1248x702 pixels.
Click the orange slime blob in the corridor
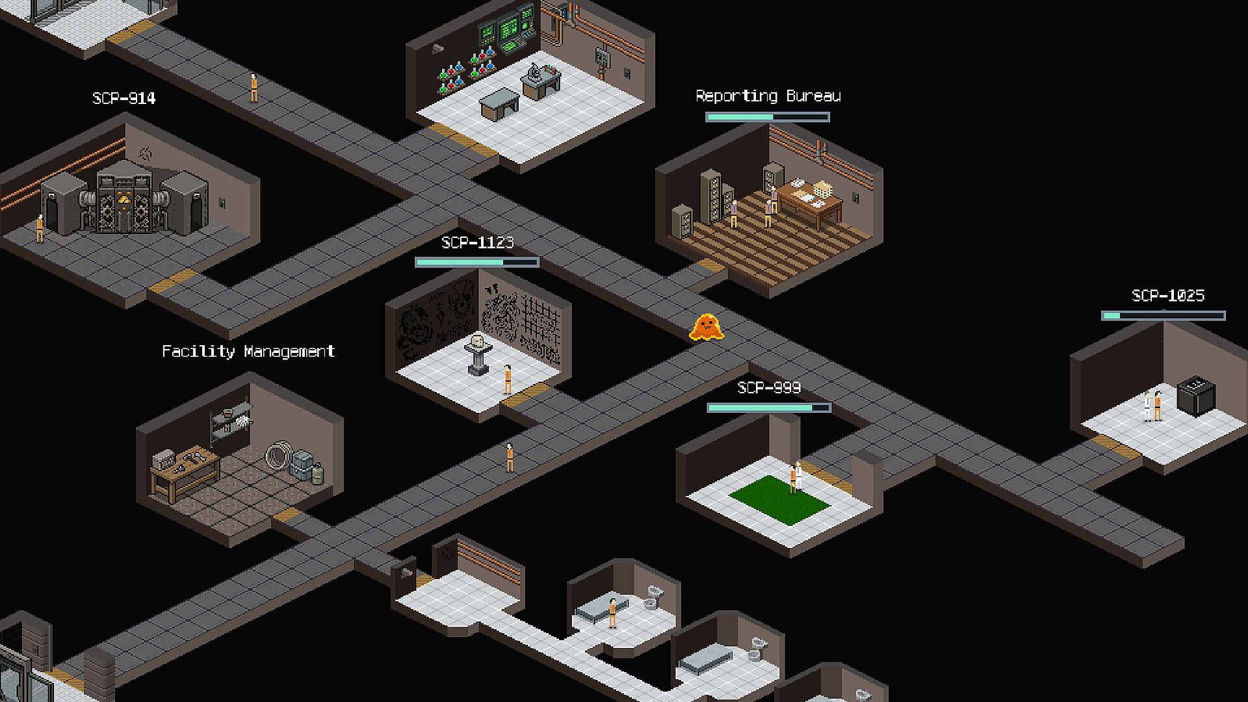point(707,327)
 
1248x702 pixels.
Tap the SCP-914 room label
point(124,98)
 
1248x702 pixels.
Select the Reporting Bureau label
point(768,96)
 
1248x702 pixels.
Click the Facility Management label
point(248,352)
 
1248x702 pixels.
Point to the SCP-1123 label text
point(477,242)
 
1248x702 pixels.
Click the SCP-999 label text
point(769,388)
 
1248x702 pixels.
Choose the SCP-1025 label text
point(1168,296)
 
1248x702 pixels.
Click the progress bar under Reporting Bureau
point(768,117)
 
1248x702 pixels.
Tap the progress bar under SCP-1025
point(1163,316)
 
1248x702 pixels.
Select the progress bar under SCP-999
point(769,408)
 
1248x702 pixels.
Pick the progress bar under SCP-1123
point(477,262)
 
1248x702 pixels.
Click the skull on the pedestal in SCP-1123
point(477,341)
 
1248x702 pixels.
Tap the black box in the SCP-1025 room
point(1196,395)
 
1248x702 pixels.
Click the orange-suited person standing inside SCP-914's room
point(40,228)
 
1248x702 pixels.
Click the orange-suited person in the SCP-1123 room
point(508,380)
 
